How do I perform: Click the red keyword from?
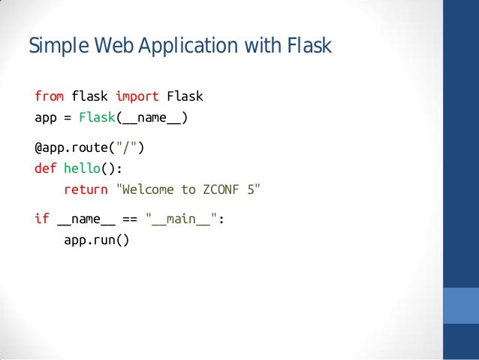click(x=50, y=97)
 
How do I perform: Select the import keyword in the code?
click(x=137, y=97)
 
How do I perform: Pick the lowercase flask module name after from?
click(x=90, y=97)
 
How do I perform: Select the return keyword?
click(x=86, y=189)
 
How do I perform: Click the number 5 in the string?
click(x=253, y=189)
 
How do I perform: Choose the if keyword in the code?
click(x=42, y=219)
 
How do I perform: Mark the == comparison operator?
click(x=129, y=219)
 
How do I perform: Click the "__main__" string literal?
click(x=183, y=219)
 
